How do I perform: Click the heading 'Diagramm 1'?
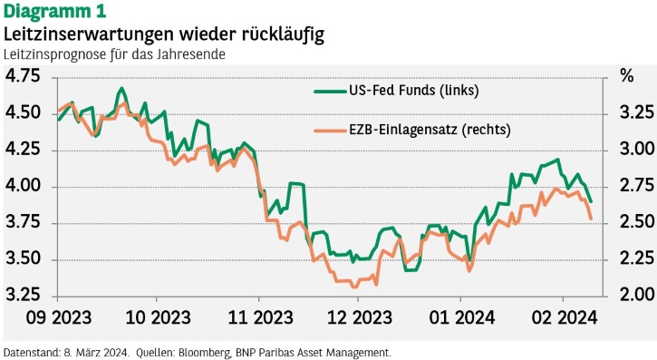click(x=55, y=11)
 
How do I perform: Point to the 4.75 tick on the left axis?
click(x=23, y=76)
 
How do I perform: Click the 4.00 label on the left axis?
click(x=23, y=185)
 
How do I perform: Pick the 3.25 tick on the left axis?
click(x=23, y=295)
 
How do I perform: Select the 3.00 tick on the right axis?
click(x=636, y=149)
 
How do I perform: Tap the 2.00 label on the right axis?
click(x=636, y=295)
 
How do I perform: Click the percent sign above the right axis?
click(x=627, y=76)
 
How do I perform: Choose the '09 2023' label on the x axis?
click(x=59, y=318)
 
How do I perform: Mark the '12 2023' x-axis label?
click(x=360, y=318)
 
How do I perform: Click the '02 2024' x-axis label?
click(x=564, y=318)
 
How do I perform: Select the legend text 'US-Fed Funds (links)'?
click(x=413, y=91)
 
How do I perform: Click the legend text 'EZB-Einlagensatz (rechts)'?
click(x=430, y=130)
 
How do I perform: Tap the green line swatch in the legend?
click(x=330, y=91)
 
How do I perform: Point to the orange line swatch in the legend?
click(x=330, y=131)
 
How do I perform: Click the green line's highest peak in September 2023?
click(x=121, y=88)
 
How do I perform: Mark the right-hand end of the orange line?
click(x=591, y=219)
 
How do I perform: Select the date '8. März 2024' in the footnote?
click(x=96, y=353)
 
